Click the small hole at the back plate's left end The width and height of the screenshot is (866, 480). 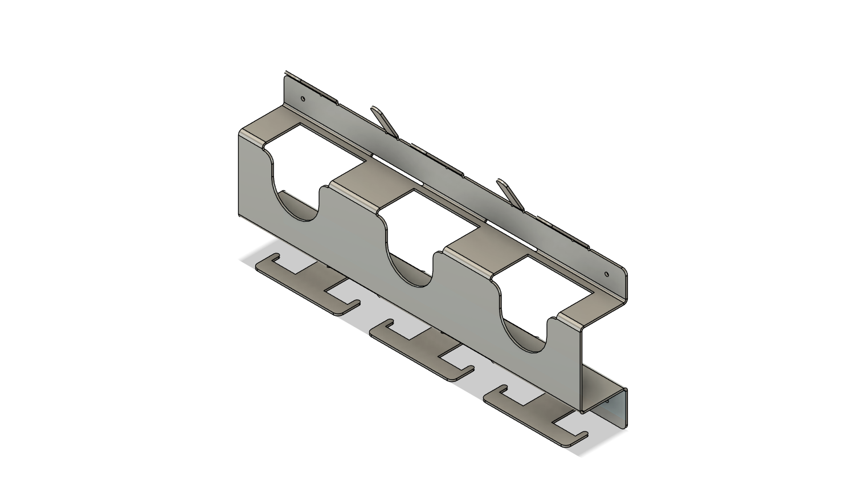tap(303, 99)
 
